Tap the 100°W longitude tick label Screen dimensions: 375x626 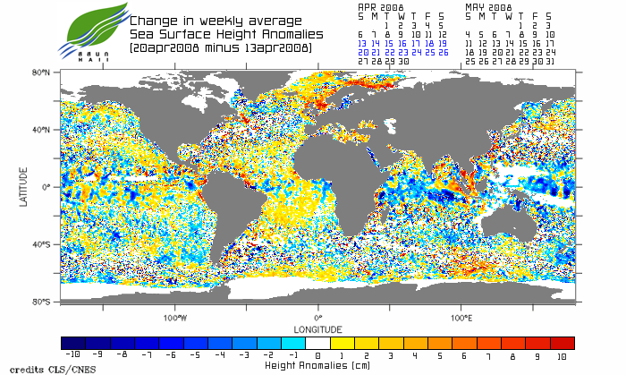(x=175, y=318)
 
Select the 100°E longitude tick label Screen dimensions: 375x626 (x=461, y=318)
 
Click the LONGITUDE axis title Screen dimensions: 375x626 (x=317, y=328)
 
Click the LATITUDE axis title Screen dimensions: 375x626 (x=24, y=187)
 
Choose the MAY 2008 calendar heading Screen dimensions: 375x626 (x=488, y=6)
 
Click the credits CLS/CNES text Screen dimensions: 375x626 (x=36, y=369)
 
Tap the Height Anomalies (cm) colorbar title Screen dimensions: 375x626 (x=317, y=365)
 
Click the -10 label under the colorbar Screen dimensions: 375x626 (x=72, y=355)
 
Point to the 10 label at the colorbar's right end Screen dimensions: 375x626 (x=563, y=355)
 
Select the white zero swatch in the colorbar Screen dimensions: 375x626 (x=317, y=343)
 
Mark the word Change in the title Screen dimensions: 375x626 (x=153, y=20)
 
